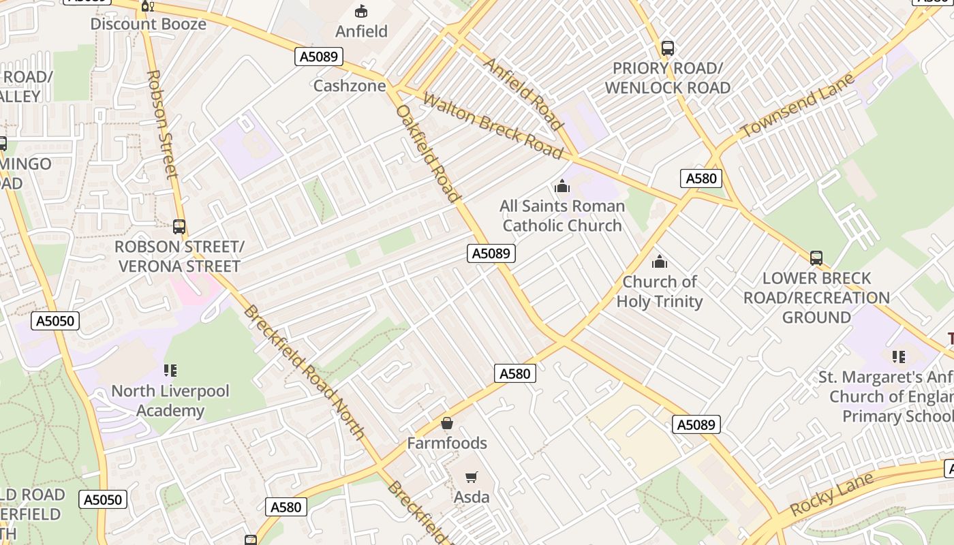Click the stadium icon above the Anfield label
[x=361, y=11]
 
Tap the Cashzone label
[x=349, y=86]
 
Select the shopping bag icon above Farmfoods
[x=447, y=423]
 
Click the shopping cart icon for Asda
[x=472, y=477]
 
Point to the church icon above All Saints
[x=562, y=185]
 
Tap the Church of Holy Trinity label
[x=660, y=292]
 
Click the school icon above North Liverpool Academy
[x=170, y=371]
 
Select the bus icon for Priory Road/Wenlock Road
[x=668, y=48]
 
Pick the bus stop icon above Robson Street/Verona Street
[x=179, y=227]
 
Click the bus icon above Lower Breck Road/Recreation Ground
[x=816, y=258]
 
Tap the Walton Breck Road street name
[x=493, y=125]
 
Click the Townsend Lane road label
[x=797, y=106]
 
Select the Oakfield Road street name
[x=429, y=153]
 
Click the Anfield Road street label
[x=523, y=94]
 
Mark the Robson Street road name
[x=162, y=124]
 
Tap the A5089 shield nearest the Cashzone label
[x=319, y=57]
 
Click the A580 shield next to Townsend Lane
[x=701, y=178]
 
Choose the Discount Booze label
[x=148, y=24]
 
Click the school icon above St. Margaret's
[x=899, y=356]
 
